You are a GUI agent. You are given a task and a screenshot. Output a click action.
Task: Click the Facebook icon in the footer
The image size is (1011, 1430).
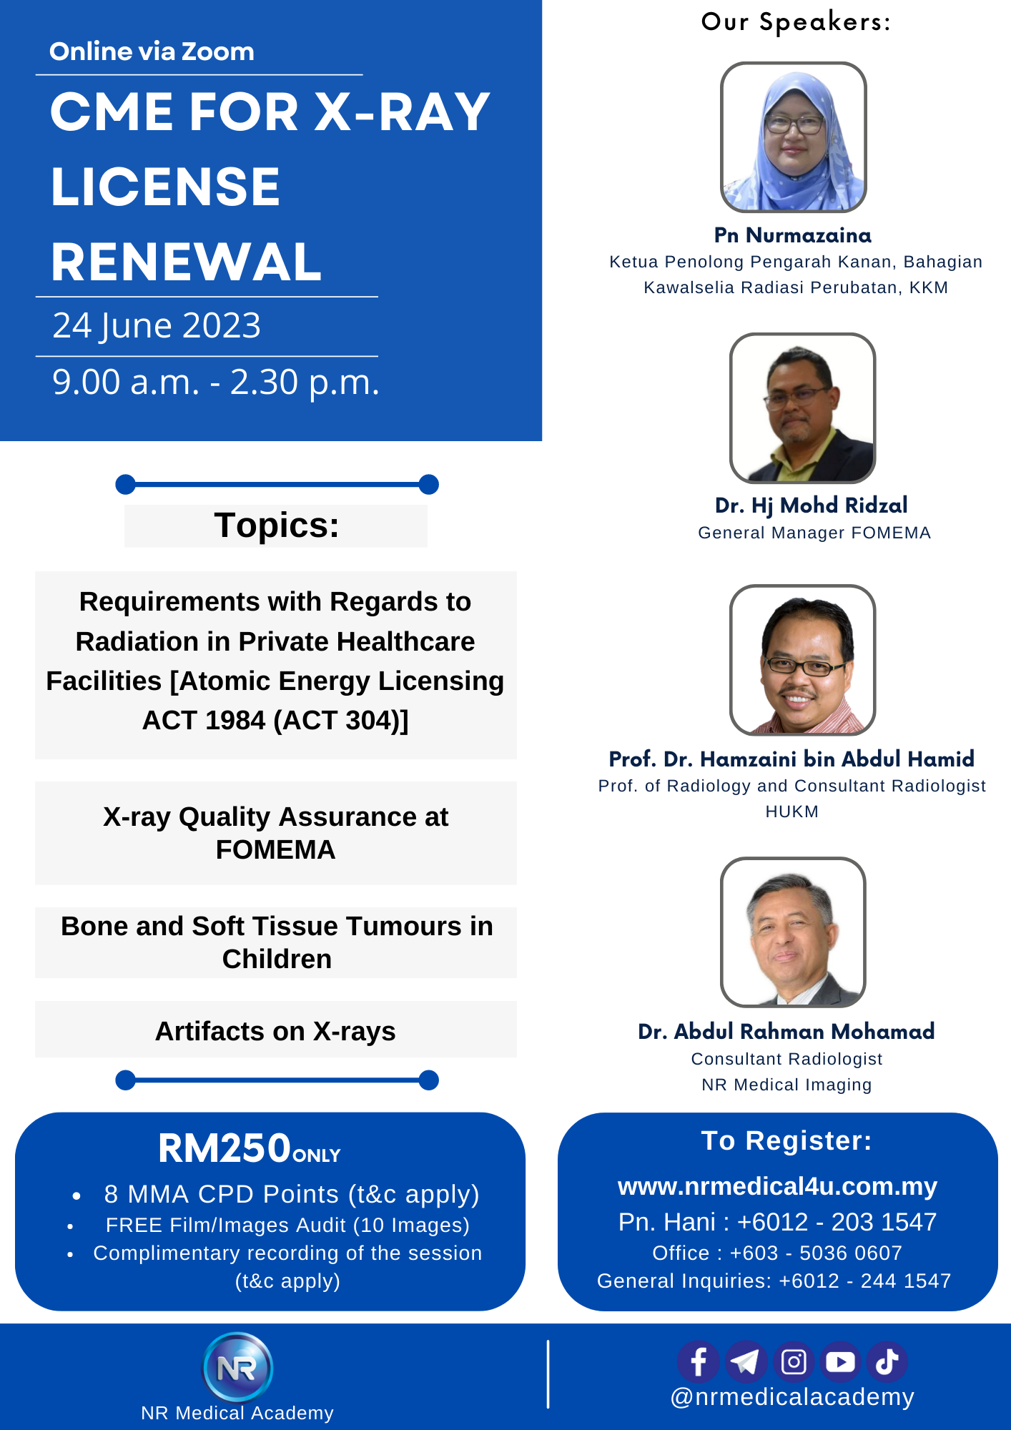pyautogui.click(x=699, y=1361)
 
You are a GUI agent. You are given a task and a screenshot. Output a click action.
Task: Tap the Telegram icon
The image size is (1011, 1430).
pyautogui.click(x=746, y=1361)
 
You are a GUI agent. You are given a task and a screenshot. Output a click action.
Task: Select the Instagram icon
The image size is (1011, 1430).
pyautogui.click(x=794, y=1361)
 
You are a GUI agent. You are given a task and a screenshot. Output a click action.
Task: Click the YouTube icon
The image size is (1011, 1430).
pyautogui.click(x=840, y=1361)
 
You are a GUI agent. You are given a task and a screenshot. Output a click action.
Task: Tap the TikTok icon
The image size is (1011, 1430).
pyautogui.click(x=887, y=1361)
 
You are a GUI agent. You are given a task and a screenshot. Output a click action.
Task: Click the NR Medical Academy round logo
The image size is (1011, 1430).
pyautogui.click(x=238, y=1367)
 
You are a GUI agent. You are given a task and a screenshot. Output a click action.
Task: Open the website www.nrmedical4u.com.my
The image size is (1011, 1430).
pyautogui.click(x=777, y=1186)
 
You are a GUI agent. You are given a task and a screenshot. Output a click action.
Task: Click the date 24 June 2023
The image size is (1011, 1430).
pyautogui.click(x=157, y=325)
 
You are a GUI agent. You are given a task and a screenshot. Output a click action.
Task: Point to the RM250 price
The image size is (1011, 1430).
pyautogui.click(x=225, y=1148)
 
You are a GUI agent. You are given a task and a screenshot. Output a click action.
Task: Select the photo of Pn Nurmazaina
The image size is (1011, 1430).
pyautogui.click(x=793, y=137)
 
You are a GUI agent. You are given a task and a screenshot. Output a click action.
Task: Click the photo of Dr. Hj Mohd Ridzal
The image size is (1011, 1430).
pyautogui.click(x=802, y=408)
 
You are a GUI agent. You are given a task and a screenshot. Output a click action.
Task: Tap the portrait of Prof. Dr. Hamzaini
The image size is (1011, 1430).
pyautogui.click(x=802, y=660)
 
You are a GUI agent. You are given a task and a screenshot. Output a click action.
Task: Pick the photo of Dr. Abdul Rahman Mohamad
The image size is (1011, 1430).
pyautogui.click(x=793, y=932)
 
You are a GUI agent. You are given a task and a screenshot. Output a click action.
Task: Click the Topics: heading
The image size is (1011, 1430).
pyautogui.click(x=277, y=526)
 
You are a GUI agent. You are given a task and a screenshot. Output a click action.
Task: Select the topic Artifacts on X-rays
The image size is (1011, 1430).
pyautogui.click(x=275, y=1031)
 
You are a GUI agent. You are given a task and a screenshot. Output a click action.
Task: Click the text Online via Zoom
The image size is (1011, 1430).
pyautogui.click(x=152, y=51)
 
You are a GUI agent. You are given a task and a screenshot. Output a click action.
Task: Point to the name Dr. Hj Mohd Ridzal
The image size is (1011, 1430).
pyautogui.click(x=811, y=506)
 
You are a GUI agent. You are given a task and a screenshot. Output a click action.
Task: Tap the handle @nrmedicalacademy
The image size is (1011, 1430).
pyautogui.click(x=792, y=1397)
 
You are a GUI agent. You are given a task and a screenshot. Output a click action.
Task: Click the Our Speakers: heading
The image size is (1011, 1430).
pyautogui.click(x=796, y=22)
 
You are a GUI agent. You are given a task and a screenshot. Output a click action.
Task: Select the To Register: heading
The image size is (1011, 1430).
pyautogui.click(x=786, y=1140)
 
